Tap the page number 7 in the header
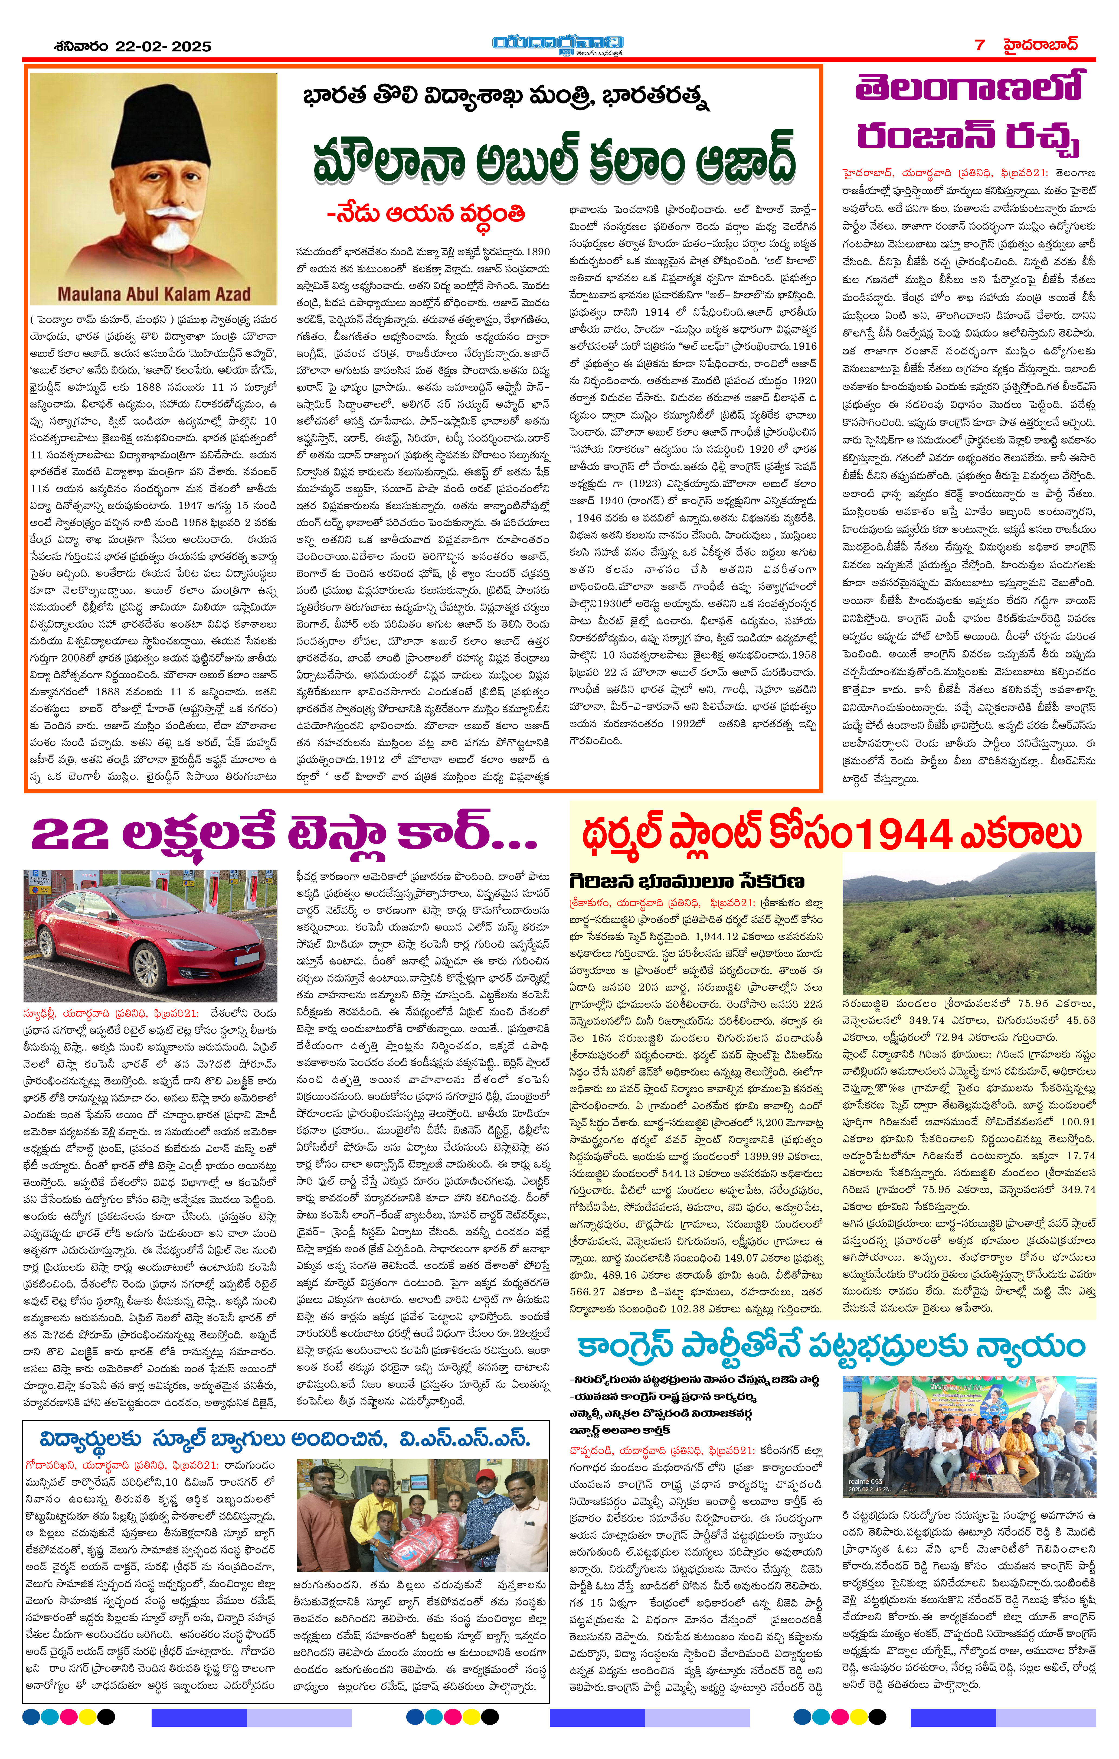[980, 45]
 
